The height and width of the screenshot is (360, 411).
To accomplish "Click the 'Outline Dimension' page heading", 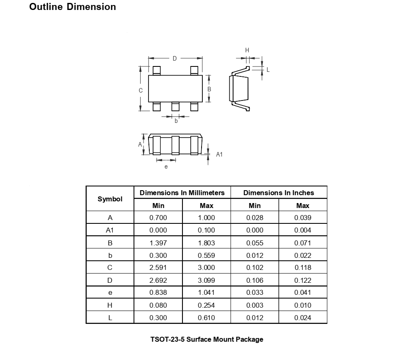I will [x=73, y=7].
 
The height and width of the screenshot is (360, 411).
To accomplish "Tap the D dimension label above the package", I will [x=175, y=59].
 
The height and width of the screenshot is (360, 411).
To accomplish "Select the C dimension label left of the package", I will [x=141, y=91].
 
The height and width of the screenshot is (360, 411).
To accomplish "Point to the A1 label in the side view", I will [x=219, y=154].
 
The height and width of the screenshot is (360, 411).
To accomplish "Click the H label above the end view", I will [x=247, y=50].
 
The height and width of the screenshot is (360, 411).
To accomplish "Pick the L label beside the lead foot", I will [x=268, y=70].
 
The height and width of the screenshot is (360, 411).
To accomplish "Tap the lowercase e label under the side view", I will [x=166, y=167].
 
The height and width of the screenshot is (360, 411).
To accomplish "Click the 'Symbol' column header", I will [x=110, y=199].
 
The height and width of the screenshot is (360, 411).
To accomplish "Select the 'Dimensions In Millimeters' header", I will [x=182, y=193].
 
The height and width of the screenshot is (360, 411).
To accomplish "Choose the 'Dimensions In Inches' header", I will [x=279, y=193].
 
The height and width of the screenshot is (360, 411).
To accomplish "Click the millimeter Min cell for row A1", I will [x=158, y=230].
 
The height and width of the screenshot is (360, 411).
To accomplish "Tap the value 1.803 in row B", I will [x=207, y=243].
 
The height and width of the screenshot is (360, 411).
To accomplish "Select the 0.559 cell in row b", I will [x=207, y=255].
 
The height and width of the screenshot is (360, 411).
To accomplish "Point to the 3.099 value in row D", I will [x=207, y=280].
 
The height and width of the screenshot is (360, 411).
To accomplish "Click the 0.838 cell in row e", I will [x=158, y=293].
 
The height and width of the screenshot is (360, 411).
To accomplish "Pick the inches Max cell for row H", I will [x=303, y=305].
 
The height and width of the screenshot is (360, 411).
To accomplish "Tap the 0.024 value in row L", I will [x=303, y=318].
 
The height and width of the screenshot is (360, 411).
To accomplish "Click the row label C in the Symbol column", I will [x=110, y=268].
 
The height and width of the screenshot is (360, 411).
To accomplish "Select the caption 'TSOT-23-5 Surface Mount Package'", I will [x=207, y=339].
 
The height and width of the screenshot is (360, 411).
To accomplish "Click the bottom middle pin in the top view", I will [x=175, y=107].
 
